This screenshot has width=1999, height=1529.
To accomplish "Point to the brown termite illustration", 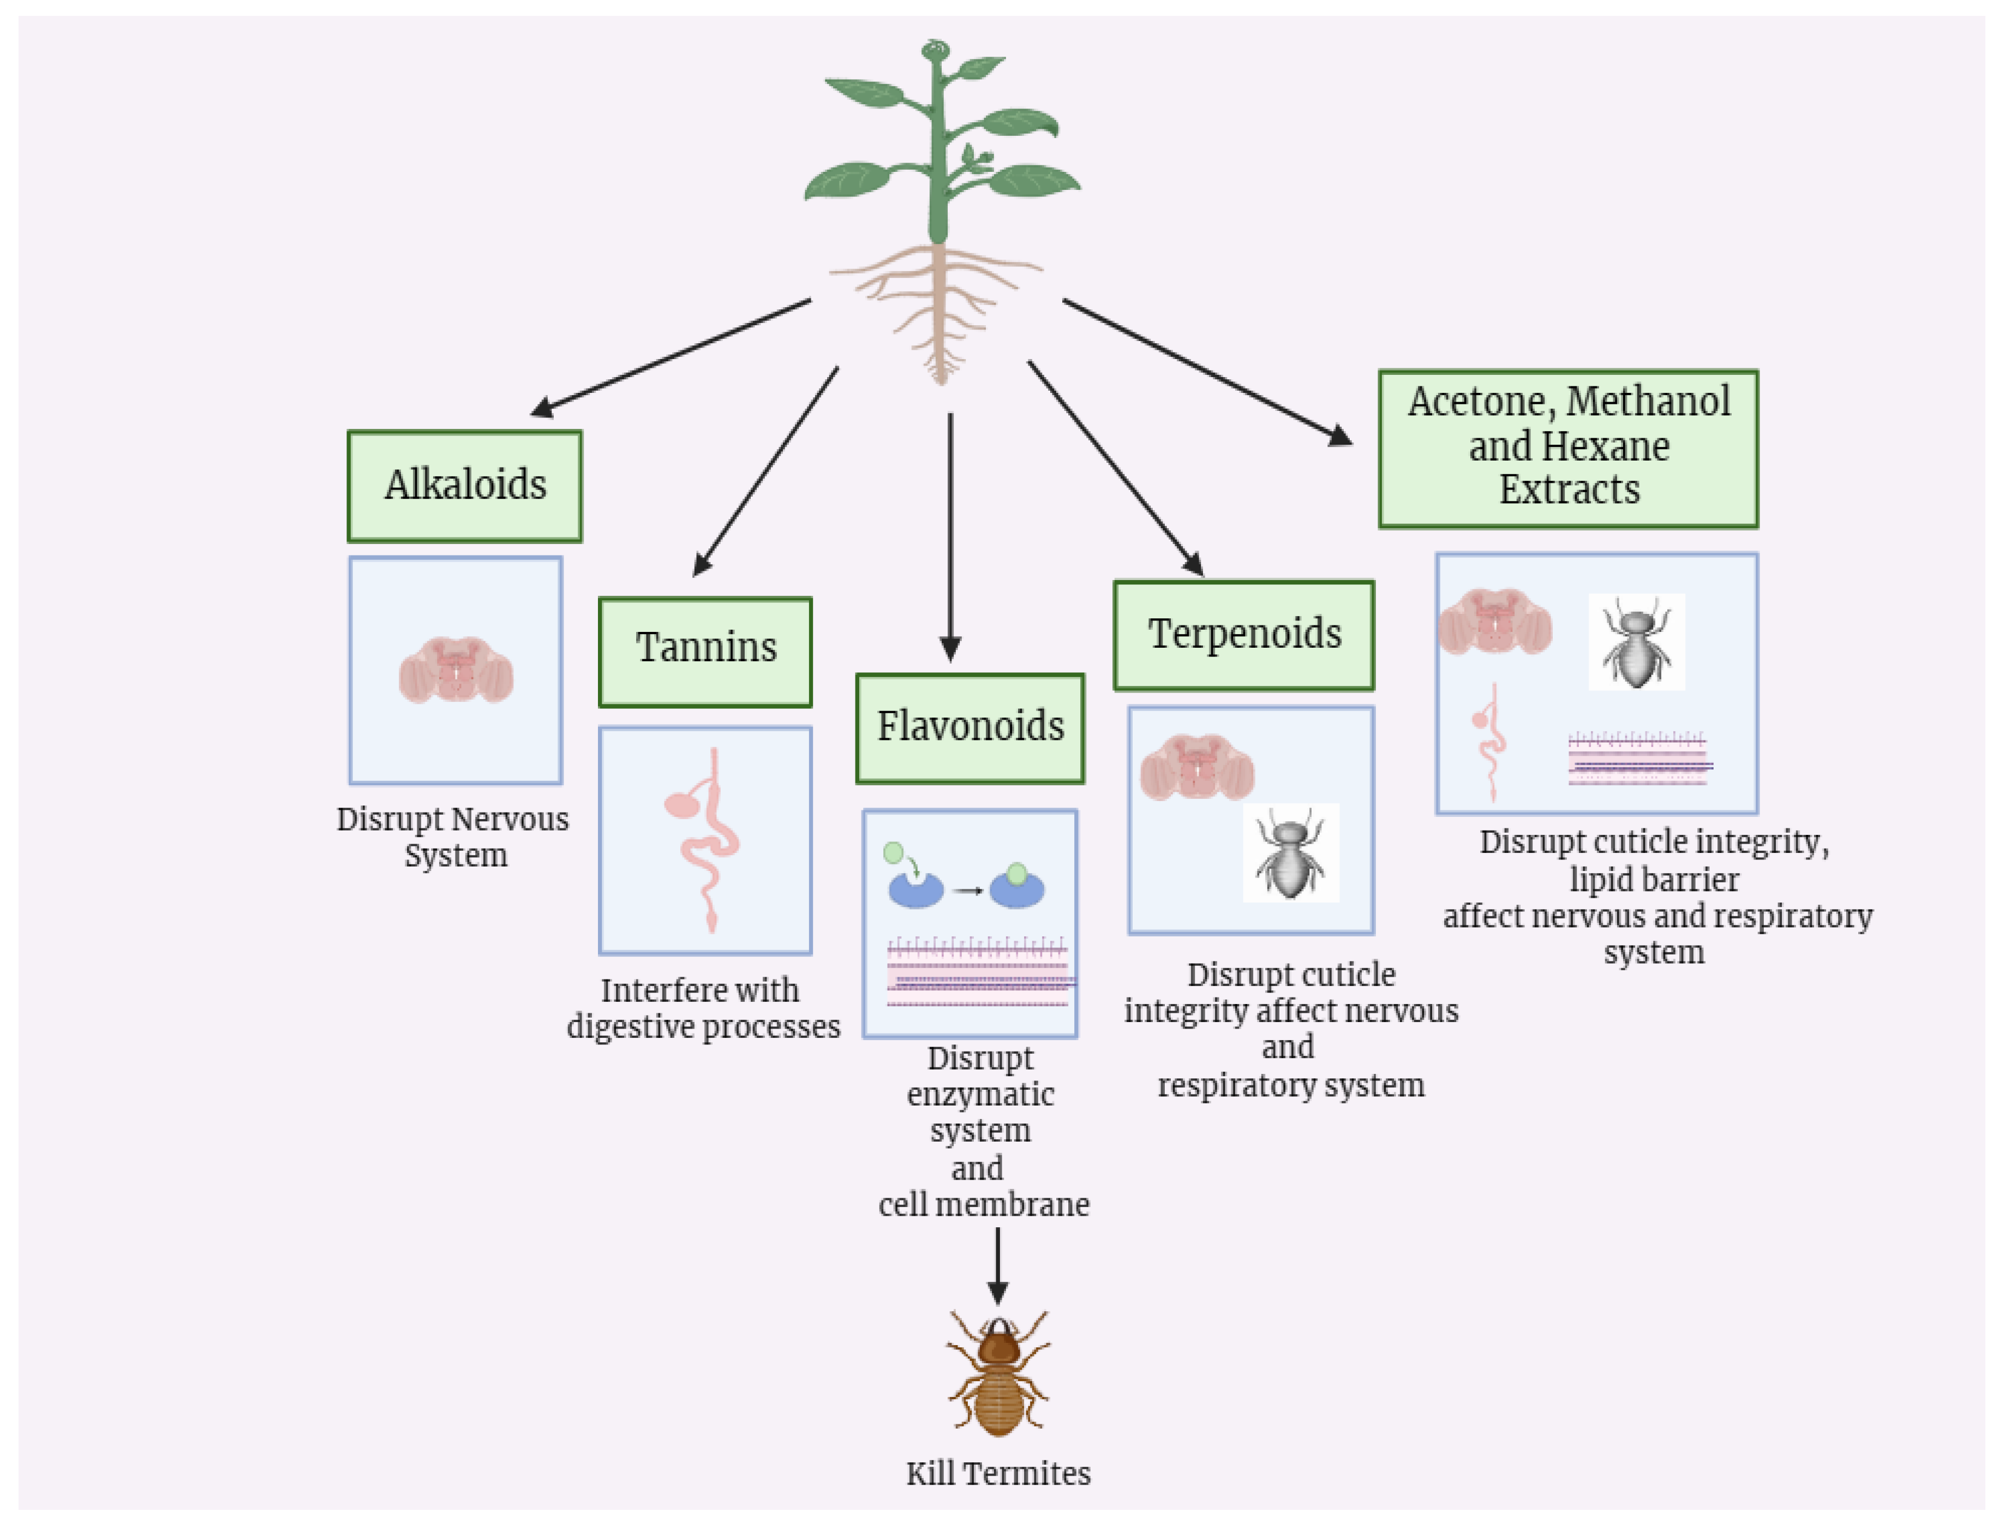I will point(997,1373).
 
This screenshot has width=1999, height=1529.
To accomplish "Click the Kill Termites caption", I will point(997,1473).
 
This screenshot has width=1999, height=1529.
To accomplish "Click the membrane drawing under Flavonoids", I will point(978,971).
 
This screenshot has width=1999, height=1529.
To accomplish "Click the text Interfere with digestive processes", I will point(702,1007).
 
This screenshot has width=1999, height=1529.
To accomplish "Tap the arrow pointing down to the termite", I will point(997,1265).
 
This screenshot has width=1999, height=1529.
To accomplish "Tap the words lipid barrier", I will point(1653,879).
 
